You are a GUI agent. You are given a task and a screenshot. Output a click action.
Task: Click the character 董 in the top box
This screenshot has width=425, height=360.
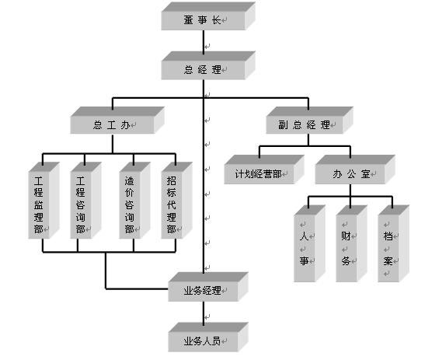pos(188,20)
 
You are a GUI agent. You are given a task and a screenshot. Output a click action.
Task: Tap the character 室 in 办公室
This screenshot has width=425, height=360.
pos(366,174)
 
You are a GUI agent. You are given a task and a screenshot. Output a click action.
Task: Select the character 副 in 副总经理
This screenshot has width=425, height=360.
pos(283,124)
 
